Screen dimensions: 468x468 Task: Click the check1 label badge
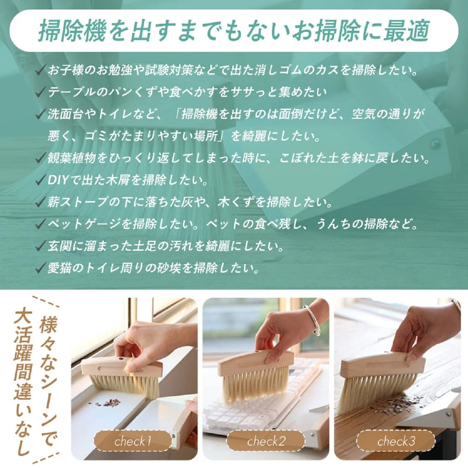[133, 441]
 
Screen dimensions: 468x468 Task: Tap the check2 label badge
[266, 441]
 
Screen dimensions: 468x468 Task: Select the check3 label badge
[396, 441]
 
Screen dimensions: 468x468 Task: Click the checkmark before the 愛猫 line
[41, 267]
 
